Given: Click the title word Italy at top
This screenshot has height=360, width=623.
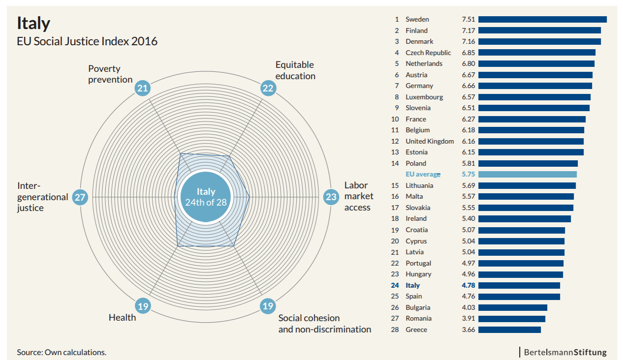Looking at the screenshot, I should coord(33,23).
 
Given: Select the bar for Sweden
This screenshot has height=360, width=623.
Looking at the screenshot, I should coord(542,20).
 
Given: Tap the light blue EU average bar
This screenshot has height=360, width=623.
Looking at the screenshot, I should coord(527,175).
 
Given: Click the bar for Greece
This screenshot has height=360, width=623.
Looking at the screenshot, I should coord(509,330).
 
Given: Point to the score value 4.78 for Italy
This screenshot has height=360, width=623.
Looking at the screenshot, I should coord(468,285).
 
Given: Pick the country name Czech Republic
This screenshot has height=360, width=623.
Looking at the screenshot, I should coord(428,53).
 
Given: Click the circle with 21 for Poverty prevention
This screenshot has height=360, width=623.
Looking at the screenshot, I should coord(143,89).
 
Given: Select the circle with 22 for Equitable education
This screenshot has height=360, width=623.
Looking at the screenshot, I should coord(268,89).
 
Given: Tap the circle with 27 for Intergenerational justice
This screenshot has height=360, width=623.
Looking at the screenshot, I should coord(80,197).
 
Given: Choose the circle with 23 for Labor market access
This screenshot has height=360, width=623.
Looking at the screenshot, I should coord(331,197).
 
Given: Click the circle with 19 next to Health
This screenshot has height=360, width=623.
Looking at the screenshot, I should coord(143,306).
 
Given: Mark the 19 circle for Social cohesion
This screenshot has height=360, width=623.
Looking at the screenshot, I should coord(268,306).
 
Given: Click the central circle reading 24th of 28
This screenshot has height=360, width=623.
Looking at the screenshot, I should coord(206,197).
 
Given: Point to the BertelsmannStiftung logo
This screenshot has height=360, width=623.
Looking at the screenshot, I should coord(564,352).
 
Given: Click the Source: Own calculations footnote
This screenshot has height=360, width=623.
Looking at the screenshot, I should coord(62,352).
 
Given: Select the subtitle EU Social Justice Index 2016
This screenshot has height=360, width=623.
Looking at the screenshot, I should coord(87,41).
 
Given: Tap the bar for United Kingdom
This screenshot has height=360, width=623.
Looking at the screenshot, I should coord(530,141).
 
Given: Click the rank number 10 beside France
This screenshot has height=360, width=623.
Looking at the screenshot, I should coord(395,119).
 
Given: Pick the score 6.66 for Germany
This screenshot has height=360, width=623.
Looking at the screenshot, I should coord(468,86).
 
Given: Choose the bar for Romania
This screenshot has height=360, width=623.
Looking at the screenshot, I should coord(511,319).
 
